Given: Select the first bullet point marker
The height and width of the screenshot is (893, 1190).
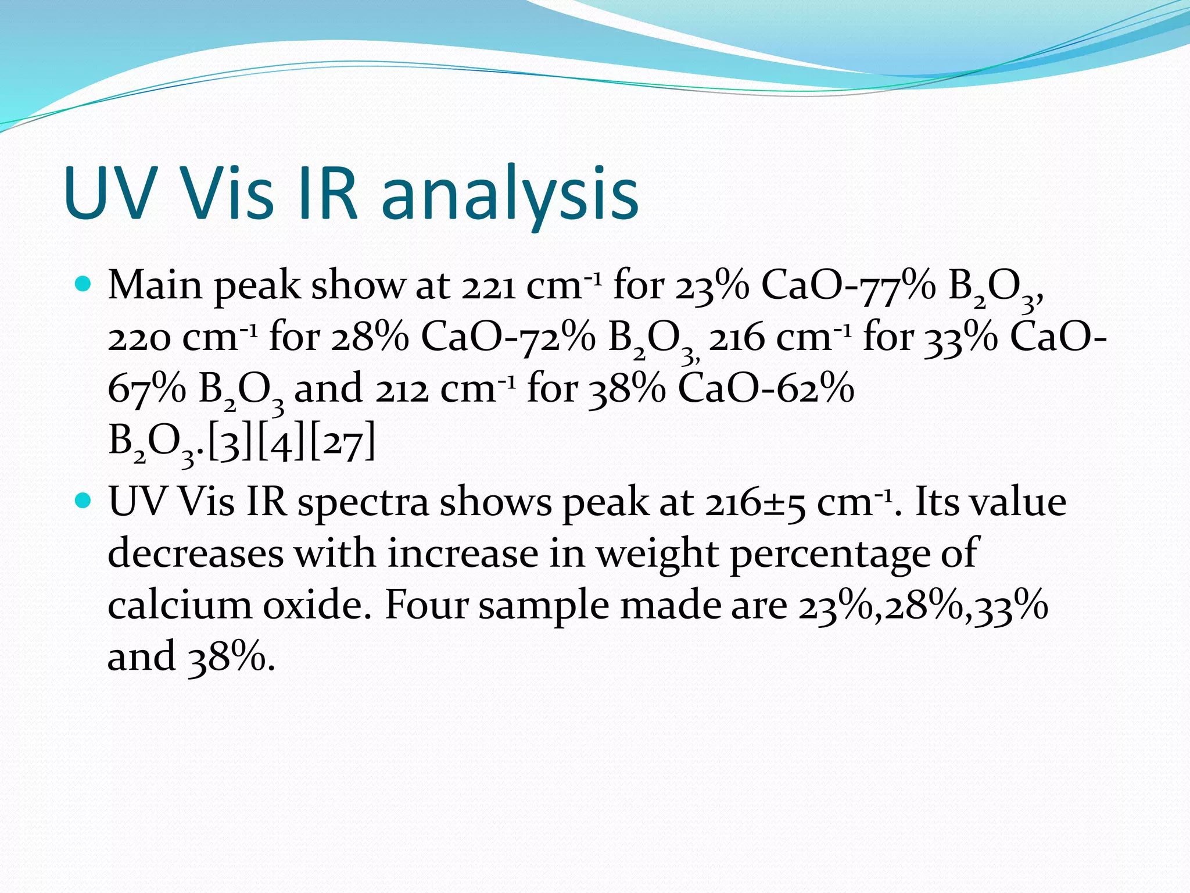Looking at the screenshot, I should [84, 284].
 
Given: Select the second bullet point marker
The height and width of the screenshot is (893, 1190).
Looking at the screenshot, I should [84, 500].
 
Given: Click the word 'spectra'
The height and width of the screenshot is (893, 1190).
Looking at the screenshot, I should [363, 503].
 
